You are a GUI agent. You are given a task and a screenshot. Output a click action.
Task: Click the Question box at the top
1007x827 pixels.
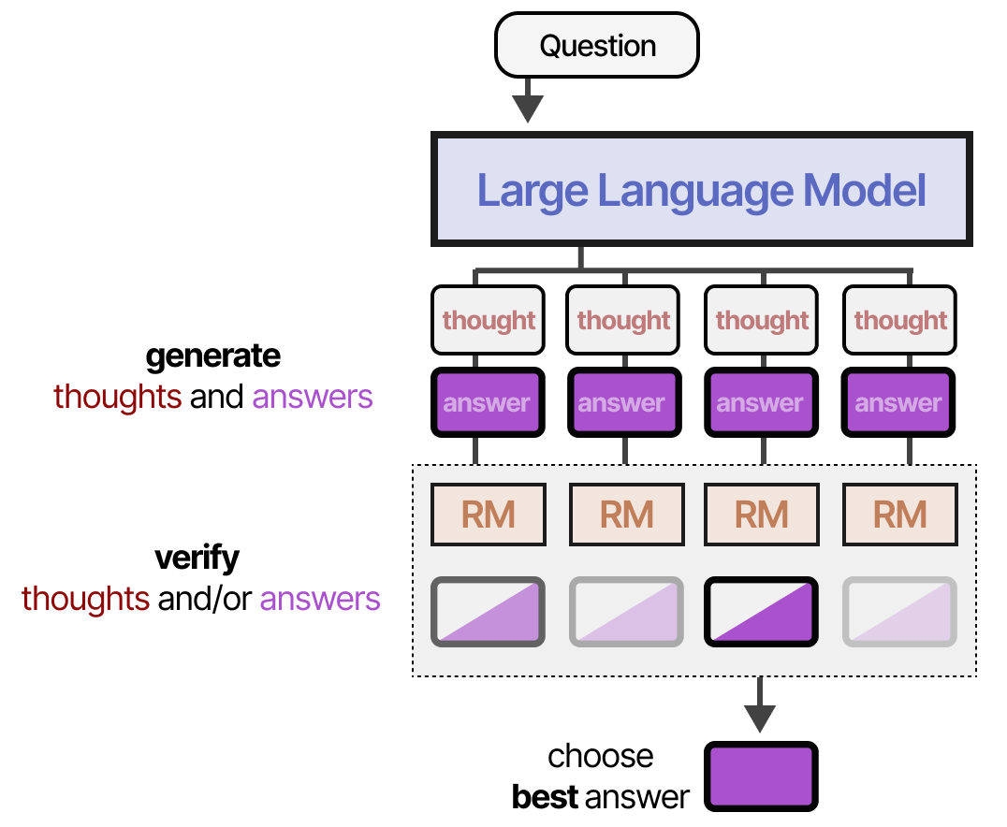point(597,46)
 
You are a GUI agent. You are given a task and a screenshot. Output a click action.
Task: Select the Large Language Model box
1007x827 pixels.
point(701,191)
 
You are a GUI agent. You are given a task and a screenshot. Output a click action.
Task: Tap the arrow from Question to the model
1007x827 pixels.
point(529,100)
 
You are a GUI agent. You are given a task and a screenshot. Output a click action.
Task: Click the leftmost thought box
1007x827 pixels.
point(488,320)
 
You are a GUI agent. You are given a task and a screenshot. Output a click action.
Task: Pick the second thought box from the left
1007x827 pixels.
point(624,320)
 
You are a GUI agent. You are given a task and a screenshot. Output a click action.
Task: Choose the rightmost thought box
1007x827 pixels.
point(900,320)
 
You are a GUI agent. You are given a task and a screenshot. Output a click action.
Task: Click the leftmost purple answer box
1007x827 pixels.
point(488,403)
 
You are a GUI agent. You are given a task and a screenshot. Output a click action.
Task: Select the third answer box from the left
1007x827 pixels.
point(761,403)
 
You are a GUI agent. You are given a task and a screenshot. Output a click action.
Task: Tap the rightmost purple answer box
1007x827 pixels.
point(898,403)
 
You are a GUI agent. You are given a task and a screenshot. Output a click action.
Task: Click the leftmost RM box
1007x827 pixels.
point(488,515)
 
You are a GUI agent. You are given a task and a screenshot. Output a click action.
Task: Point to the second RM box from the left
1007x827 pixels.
point(625,515)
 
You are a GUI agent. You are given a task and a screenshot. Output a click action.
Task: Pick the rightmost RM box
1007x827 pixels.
point(899,515)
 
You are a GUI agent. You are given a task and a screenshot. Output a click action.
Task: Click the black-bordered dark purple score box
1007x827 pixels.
point(761,612)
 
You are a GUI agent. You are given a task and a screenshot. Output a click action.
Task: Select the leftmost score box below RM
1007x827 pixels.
point(488,612)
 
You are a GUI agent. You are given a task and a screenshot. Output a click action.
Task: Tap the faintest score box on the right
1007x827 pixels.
point(899,612)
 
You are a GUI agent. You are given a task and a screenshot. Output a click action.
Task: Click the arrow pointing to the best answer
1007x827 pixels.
point(759,705)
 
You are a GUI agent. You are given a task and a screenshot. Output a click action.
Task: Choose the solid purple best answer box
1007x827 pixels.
point(761,776)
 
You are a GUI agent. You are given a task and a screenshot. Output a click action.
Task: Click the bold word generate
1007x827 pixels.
point(213,356)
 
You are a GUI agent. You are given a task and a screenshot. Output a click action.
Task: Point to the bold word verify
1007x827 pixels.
point(197,559)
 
